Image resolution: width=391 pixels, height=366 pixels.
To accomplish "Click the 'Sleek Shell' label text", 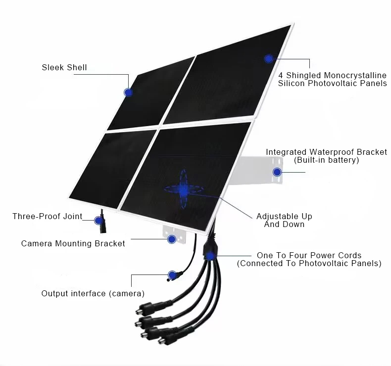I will coord(64,67).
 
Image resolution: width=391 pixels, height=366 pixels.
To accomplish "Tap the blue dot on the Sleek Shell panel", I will coord(128,92).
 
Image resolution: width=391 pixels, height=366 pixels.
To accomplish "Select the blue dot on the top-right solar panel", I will coord(268,58).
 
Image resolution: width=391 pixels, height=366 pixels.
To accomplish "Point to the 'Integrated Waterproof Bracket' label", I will coord(326,152).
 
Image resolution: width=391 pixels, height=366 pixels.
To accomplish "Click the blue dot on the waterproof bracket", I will coord(277,172).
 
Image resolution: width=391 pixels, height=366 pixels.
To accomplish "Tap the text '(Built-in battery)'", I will coord(326,160).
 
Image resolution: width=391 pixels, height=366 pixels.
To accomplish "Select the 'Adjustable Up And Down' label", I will coord(284,220).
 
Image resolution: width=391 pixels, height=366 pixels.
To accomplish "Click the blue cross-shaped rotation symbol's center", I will coord(184,189).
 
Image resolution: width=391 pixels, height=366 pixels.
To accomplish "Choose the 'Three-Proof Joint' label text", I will coord(47,216).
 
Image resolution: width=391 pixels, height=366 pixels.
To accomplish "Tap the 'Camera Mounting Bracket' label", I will coord(73,243).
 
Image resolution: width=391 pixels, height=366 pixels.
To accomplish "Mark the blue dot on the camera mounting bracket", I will coord(172,239).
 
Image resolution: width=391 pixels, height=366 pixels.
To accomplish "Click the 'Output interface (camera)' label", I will coord(93,293).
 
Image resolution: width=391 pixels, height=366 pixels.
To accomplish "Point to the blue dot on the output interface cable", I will coord(172,274).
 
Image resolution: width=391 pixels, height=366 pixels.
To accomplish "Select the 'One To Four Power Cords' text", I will coord(309,255).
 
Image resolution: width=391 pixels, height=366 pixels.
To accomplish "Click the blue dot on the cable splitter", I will coord(211,255).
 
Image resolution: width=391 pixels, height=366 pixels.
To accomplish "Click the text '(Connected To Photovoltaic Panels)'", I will coord(309,264).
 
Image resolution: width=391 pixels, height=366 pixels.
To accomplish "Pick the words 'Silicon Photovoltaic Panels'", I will coord(332,83).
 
